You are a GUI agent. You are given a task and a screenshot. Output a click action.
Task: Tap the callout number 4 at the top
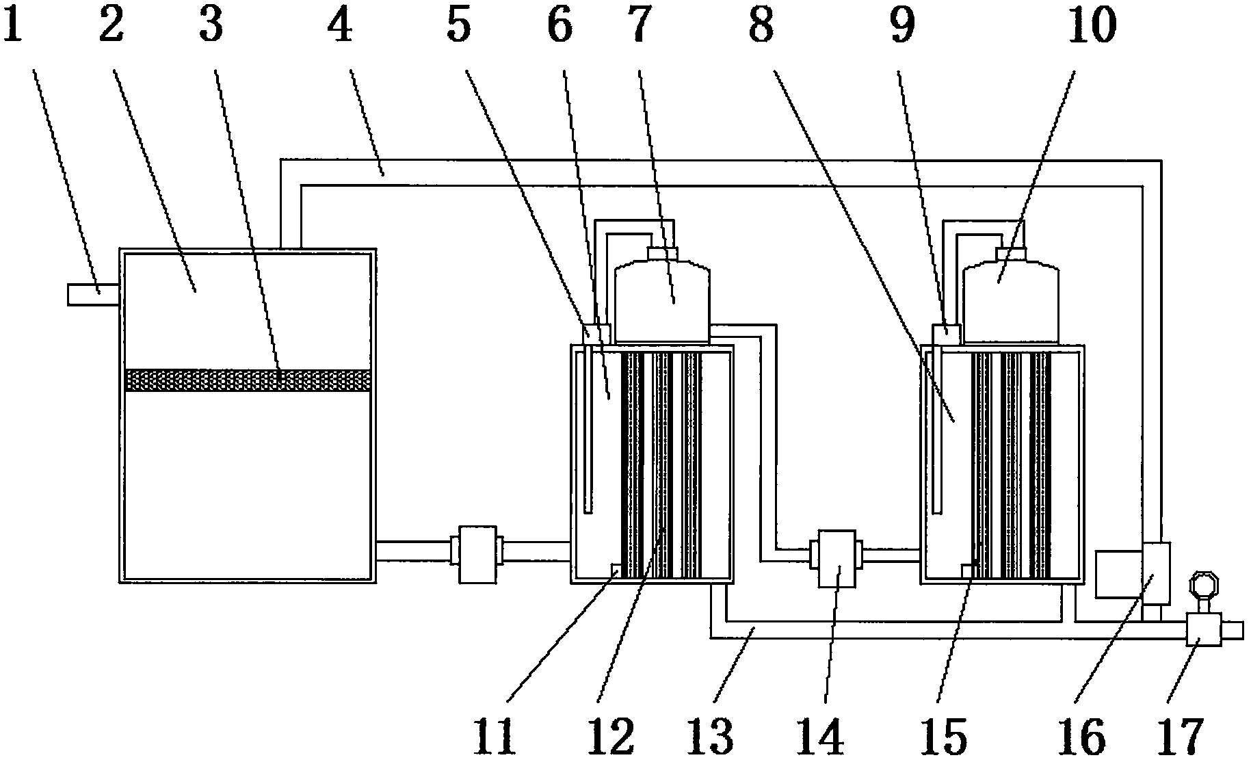click(x=339, y=26)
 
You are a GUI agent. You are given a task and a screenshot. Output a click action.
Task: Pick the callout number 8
click(x=761, y=26)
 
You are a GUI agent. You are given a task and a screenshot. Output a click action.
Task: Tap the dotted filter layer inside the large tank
click(x=249, y=380)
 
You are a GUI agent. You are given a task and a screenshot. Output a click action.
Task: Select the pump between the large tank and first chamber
click(x=477, y=554)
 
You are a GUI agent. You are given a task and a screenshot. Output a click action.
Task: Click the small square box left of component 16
click(x=1118, y=574)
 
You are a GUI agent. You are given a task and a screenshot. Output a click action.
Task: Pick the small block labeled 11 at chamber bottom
click(x=615, y=570)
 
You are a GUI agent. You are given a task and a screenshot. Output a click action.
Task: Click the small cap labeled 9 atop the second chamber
click(x=947, y=333)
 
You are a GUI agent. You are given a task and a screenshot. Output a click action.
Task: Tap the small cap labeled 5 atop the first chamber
click(x=595, y=333)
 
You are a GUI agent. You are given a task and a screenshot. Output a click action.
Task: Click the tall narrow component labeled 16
click(x=1156, y=573)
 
